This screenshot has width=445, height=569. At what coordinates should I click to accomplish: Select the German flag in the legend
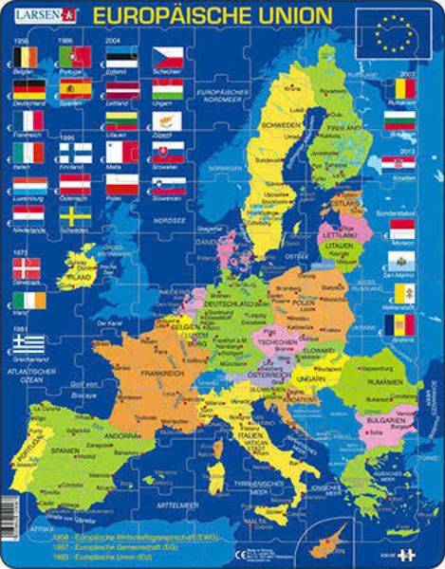point(28,89)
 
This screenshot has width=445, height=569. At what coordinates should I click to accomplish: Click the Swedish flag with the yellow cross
point(75,216)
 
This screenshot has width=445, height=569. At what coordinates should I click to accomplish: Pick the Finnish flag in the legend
point(75,152)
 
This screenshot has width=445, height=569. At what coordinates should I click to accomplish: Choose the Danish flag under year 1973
point(28,267)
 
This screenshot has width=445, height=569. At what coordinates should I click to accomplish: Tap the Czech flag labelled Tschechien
point(166,57)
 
